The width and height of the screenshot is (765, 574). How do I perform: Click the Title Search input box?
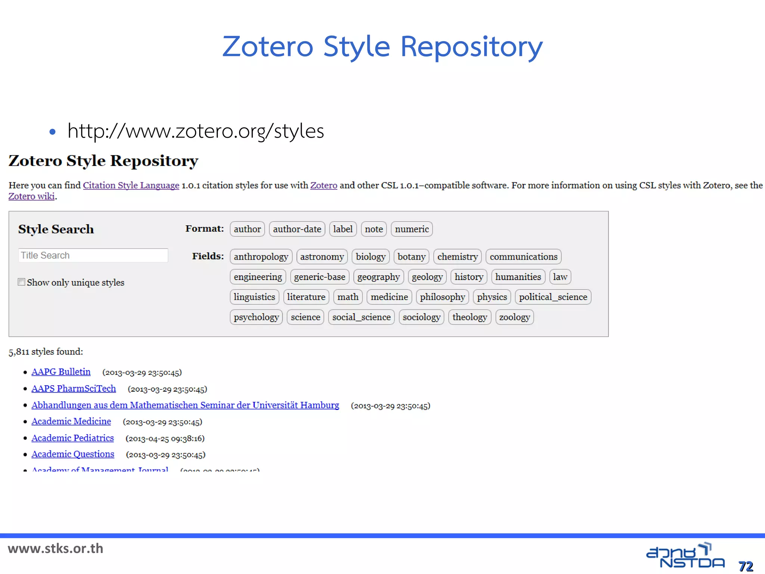tap(93, 255)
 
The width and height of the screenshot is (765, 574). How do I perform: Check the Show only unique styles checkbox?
tap(22, 282)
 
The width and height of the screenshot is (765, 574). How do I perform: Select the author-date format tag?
tap(297, 229)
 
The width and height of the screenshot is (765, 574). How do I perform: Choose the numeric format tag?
tap(412, 229)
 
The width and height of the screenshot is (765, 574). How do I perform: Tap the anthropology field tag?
tap(261, 257)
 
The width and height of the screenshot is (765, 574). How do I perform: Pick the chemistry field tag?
tap(457, 257)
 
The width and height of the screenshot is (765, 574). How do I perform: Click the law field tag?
tap(560, 277)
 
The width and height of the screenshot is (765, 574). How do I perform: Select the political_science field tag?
tap(553, 297)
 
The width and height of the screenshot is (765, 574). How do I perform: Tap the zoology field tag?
tap(514, 317)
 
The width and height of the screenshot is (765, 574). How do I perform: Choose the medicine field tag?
tap(389, 297)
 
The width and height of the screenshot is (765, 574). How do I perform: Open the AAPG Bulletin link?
tap(61, 372)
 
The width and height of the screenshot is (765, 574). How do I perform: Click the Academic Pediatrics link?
tap(72, 438)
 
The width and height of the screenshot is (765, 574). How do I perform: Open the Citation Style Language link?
tap(131, 185)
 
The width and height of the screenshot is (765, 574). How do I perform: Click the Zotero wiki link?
tap(32, 197)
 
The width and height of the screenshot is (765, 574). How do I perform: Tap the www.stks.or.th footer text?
tap(56, 549)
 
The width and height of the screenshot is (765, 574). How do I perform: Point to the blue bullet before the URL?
tap(53, 132)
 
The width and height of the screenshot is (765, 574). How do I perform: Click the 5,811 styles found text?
tap(46, 352)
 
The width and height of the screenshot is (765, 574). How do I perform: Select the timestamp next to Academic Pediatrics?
tap(165, 438)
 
